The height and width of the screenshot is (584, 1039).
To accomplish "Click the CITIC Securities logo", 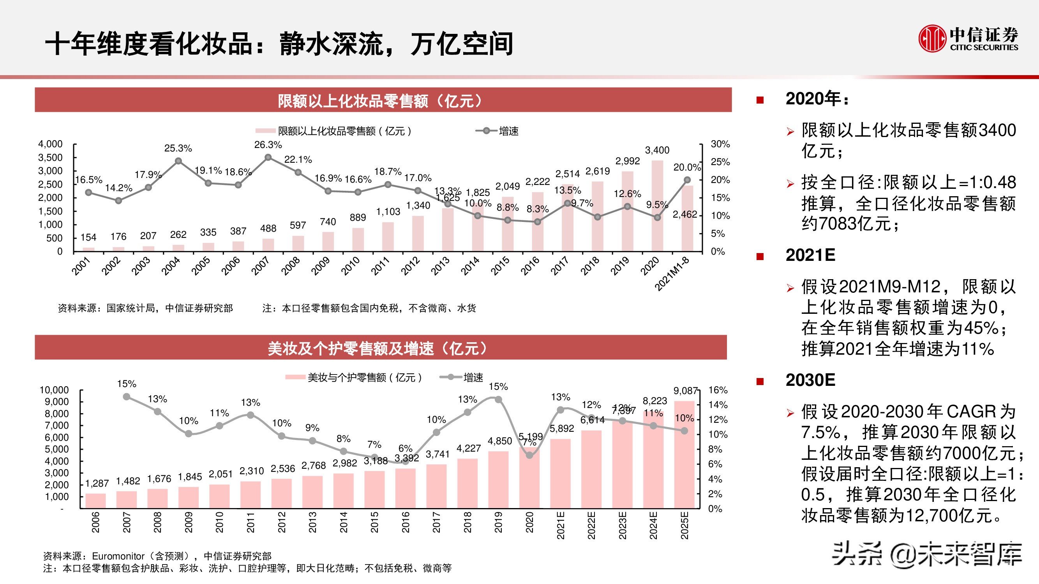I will (968, 38).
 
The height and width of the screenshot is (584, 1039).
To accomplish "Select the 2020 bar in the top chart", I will (657, 206).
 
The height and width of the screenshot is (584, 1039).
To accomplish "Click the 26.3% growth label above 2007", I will (268, 145).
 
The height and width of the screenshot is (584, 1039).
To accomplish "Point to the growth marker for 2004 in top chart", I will (178, 161).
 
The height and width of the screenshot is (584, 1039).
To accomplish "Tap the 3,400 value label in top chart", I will (657, 150).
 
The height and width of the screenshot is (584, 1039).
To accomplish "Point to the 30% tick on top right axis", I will (720, 144).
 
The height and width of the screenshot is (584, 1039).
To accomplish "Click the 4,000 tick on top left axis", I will (50, 144).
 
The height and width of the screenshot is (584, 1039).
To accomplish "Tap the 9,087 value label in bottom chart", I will (685, 391).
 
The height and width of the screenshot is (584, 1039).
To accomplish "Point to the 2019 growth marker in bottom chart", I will (498, 399).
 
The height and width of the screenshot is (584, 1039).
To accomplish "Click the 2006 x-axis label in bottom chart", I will (95, 522).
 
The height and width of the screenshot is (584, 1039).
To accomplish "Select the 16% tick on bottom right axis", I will (718, 390).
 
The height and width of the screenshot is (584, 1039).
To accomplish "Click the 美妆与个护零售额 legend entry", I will (355, 378).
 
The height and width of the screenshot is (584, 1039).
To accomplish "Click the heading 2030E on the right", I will (810, 380).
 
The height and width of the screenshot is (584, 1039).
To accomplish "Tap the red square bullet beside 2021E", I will (760, 256).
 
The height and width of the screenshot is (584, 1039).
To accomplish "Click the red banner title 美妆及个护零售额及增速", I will (377, 348).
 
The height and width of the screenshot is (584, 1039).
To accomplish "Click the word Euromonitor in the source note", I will (118, 556).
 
